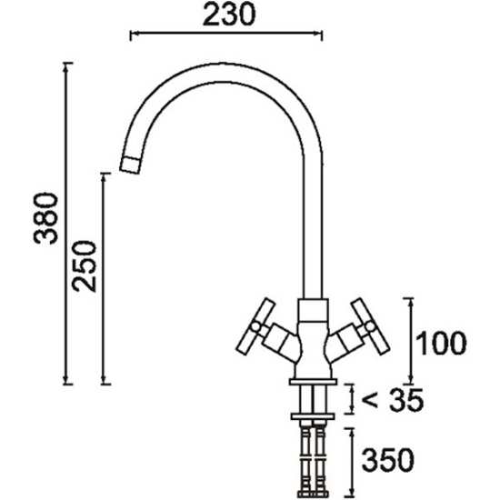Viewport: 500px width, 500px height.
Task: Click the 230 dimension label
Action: point(229,15)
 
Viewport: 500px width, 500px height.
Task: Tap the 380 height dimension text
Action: point(46,218)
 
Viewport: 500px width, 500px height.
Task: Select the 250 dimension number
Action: point(84,266)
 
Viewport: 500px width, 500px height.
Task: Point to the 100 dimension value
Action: point(441,343)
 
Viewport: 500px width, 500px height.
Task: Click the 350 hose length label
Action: point(388,460)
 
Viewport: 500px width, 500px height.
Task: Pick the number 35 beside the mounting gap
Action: point(407,400)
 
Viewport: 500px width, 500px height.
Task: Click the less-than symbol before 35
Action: point(370,401)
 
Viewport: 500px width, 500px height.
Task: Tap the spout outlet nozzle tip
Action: point(130,165)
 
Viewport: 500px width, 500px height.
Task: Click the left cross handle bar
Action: point(255,325)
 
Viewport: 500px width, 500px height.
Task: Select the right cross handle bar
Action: point(370,326)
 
